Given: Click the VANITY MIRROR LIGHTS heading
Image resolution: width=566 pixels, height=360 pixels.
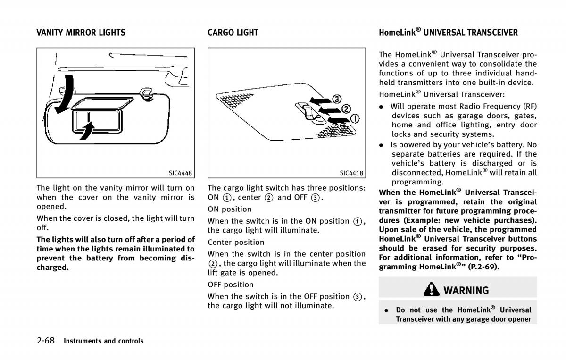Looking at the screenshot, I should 81,33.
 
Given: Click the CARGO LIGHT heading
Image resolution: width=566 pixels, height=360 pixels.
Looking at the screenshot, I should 233,33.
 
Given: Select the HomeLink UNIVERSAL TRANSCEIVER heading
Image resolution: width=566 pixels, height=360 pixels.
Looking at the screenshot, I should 448,33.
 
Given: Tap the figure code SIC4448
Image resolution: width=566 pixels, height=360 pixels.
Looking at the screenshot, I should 181,173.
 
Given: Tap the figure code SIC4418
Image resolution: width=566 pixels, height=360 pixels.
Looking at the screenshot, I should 351,173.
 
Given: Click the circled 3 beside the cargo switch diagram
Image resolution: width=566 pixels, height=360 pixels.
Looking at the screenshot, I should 337,99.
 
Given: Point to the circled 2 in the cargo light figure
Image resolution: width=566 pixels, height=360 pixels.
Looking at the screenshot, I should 346,109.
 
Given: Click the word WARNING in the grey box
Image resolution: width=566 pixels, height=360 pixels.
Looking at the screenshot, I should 466,290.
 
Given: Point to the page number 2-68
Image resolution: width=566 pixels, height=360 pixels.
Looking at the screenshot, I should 47,340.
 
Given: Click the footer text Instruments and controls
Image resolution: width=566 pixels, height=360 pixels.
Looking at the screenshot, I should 104,341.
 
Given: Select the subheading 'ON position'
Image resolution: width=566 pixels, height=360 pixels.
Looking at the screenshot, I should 230,209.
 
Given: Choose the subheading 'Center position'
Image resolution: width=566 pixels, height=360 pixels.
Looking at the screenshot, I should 236,242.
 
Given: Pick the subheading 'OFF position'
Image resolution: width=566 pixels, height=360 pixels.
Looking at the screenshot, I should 231,285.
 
